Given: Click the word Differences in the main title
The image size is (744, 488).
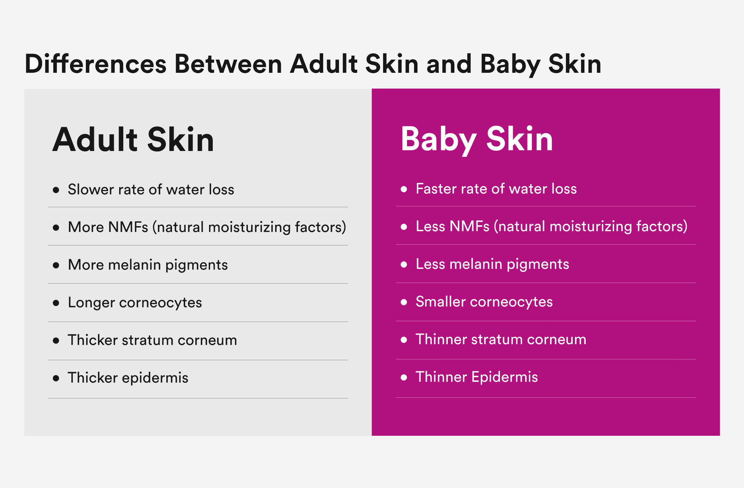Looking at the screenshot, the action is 96,64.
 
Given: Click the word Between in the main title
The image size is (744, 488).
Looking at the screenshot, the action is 228,64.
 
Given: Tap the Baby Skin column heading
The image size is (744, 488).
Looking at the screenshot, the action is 477,140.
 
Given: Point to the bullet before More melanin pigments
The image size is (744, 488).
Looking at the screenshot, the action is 56,265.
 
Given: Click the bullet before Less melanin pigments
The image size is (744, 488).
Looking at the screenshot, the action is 404,265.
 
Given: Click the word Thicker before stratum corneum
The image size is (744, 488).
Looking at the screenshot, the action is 92,340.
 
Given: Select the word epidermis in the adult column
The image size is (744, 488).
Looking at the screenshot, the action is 155,378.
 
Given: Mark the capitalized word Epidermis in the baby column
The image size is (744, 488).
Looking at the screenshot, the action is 505,377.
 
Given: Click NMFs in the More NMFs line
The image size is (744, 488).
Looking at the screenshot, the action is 128,227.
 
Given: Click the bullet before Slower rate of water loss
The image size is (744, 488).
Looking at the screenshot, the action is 56,190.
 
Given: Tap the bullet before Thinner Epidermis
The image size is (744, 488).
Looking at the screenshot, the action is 404,377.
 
